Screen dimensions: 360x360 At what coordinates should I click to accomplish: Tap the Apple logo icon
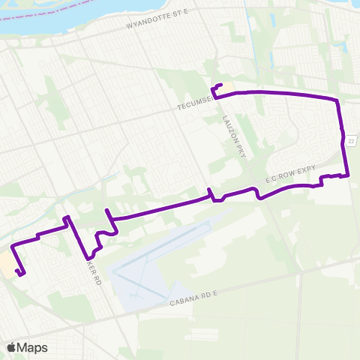(x=11, y=347)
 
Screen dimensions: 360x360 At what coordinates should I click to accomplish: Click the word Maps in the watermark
(x=33, y=347)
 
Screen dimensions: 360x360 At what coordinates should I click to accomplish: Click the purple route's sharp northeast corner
(x=337, y=99)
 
